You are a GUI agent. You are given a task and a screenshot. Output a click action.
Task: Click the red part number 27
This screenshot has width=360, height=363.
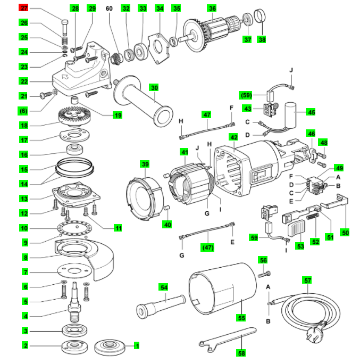[x=23, y=9]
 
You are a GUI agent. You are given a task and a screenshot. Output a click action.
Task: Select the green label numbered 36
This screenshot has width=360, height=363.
[x=212, y=9]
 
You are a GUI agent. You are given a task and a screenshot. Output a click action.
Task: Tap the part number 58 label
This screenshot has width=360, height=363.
[x=242, y=353]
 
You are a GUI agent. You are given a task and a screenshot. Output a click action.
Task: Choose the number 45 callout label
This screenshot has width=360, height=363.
[x=312, y=112]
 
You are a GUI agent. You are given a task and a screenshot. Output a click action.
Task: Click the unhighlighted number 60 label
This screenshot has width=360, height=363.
[x=110, y=9]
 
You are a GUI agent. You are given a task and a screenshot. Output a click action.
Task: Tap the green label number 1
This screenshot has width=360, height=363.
[x=136, y=346]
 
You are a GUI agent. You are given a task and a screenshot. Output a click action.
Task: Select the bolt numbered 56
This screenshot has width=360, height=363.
[x=264, y=274]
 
